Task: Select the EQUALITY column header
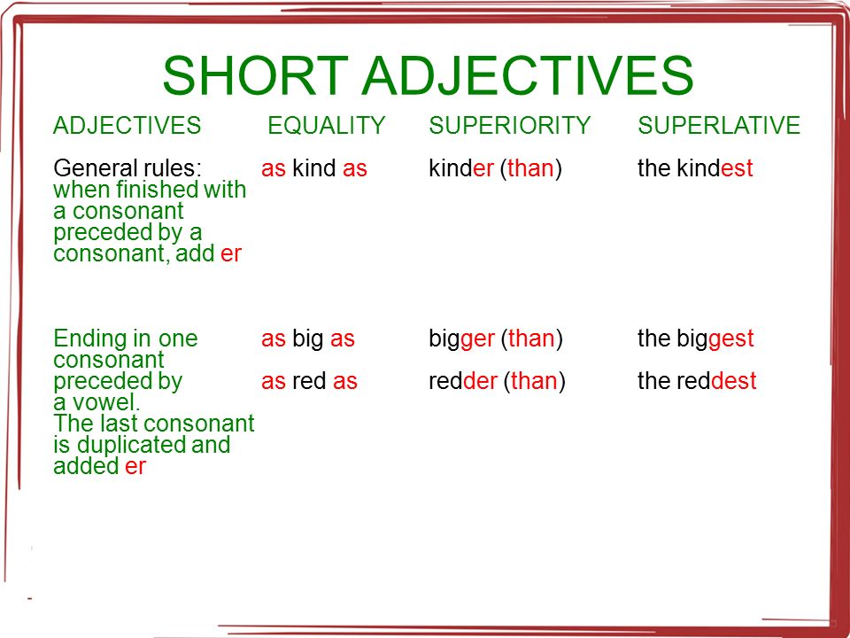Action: coord(327,126)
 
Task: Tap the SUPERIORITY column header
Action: coord(510,126)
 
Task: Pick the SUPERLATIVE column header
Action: coord(719,126)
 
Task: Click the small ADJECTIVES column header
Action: coord(127,126)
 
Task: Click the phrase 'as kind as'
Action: coord(314,168)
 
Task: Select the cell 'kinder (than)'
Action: coord(496,168)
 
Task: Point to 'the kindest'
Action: coord(696,168)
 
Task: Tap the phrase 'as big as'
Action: coord(308,339)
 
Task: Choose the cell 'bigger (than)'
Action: coord(496,339)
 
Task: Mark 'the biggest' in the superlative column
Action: coord(696,339)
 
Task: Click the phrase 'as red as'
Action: coord(310,381)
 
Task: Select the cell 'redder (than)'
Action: coord(497,381)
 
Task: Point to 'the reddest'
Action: coord(697,381)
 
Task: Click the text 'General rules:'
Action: coord(127,168)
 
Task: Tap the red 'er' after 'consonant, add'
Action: coord(231,254)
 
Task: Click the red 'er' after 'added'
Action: coord(135,467)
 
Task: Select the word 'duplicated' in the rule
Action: coord(131,446)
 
